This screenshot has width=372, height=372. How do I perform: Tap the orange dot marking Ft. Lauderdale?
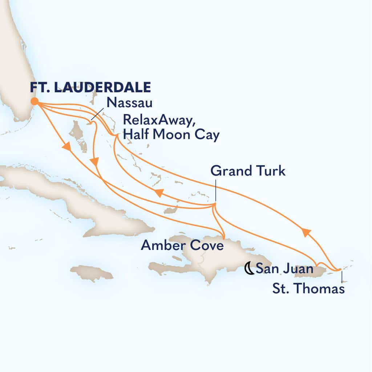pos(35,101)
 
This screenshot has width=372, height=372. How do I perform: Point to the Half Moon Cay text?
pos(171,136)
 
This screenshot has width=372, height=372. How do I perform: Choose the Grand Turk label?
pos(248,171)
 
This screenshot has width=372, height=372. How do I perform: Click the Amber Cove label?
pos(182,246)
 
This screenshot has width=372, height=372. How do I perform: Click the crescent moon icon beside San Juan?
pos(250,269)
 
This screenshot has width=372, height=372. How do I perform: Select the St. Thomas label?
pos(307,289)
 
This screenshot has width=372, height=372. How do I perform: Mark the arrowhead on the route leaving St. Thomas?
pos(306,232)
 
